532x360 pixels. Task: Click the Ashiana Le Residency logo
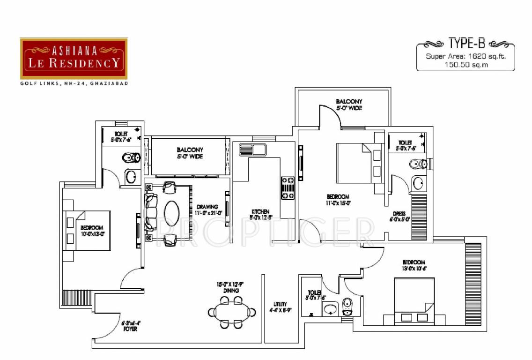74,59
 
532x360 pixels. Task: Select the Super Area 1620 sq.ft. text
465,57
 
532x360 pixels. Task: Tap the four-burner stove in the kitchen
287,187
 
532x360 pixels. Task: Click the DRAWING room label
207,207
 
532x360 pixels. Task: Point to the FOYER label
130,329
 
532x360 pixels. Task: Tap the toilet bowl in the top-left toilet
131,157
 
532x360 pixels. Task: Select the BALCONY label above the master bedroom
349,102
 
